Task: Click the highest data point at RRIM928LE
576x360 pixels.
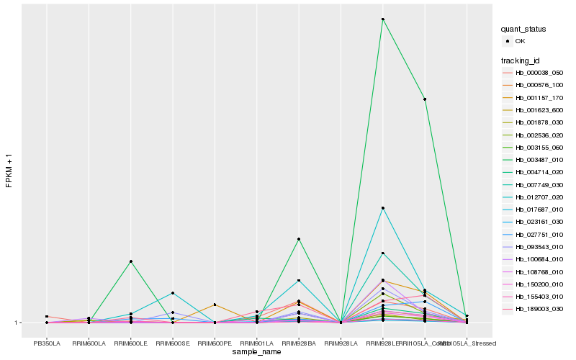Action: (383, 19)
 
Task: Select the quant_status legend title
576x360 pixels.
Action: (523, 30)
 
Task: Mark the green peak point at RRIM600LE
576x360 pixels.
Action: (130, 261)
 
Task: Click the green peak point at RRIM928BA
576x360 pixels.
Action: (299, 239)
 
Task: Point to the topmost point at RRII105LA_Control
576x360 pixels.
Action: (425, 99)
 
